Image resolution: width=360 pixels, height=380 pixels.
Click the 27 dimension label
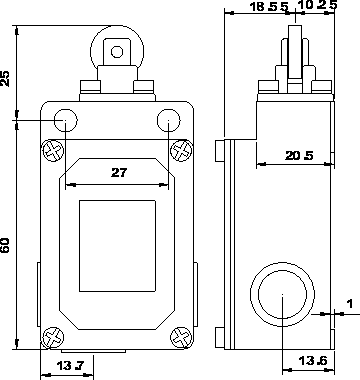coord(119,172)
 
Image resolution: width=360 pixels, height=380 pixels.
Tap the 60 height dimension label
coord(6,245)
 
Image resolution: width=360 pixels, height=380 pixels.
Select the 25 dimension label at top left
coord(6,79)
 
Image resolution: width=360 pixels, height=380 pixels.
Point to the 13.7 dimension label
coord(70,366)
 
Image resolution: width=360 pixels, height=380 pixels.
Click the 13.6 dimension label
coord(312,360)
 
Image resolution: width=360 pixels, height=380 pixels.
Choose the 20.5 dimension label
coord(299,155)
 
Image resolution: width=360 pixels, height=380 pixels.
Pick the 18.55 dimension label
coord(269,7)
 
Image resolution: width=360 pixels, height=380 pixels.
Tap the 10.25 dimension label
coord(319,5)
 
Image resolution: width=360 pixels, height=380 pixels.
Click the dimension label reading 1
coord(350,304)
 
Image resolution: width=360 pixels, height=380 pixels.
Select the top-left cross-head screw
coord(53,151)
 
